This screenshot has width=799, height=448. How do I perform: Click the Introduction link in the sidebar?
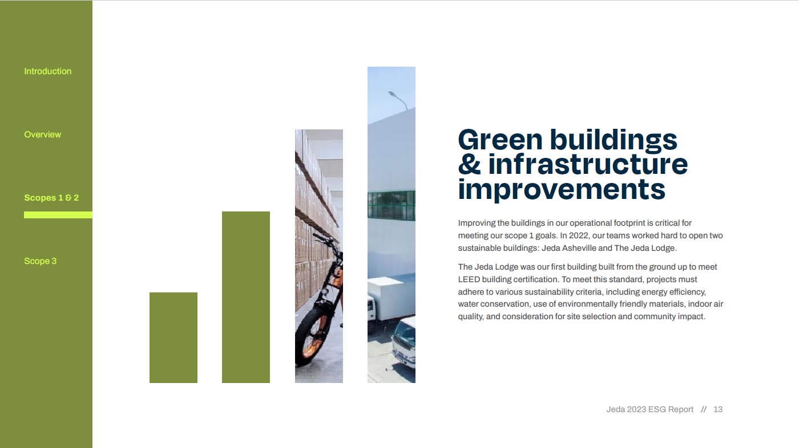point(48,71)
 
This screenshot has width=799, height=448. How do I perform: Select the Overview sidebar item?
point(42,135)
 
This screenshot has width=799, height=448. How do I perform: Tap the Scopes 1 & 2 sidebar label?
point(51,198)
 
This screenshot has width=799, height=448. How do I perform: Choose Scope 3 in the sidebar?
point(41,261)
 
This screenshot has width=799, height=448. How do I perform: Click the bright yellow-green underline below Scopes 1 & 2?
point(58,215)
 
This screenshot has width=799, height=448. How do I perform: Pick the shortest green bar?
point(173,337)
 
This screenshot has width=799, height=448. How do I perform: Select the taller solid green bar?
point(246,298)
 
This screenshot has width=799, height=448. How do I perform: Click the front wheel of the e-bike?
point(309,336)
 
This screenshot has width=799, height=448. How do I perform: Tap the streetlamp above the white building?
point(398,100)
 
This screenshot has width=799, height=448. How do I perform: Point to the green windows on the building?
point(392,205)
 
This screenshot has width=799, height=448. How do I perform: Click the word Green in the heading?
point(501,140)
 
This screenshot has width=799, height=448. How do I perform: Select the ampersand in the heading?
point(469,164)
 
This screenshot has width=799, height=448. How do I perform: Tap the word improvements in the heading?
point(562,190)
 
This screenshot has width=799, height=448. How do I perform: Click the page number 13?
point(718,410)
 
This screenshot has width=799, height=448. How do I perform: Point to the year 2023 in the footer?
point(636,410)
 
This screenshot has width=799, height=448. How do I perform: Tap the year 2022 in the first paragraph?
point(579,236)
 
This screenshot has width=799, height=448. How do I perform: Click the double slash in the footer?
point(703,410)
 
